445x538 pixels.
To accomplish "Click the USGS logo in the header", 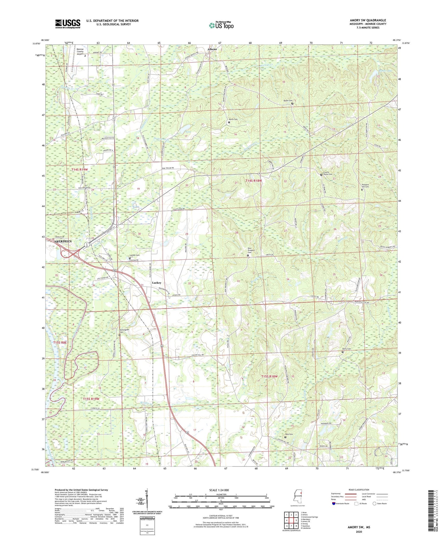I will click(x=68, y=23).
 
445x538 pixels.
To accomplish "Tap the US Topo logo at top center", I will click(x=221, y=26).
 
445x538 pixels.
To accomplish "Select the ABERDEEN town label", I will click(x=63, y=242).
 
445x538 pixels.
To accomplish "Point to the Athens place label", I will click(x=212, y=49).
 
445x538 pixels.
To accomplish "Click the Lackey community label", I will click(x=157, y=283).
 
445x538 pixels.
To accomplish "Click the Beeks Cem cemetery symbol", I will click(x=292, y=104).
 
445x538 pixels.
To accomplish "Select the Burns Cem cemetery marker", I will click(x=229, y=122).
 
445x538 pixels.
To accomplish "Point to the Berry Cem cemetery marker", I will click(x=342, y=352).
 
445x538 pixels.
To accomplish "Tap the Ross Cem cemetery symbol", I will click(x=285, y=437).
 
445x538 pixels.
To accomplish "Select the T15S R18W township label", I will click(x=269, y=376).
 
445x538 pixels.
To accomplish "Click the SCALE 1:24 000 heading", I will click(x=219, y=490).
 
